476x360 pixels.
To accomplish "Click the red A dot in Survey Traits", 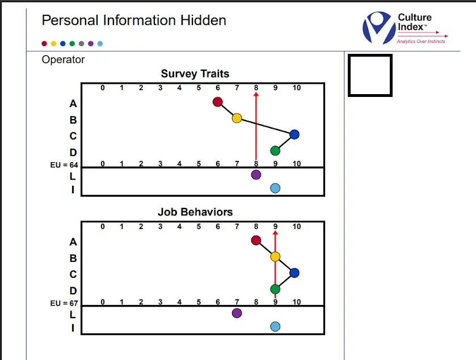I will coord(217,102).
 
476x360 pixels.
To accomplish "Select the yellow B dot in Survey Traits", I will coord(237,118).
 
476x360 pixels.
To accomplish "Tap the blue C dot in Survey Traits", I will coord(294,134).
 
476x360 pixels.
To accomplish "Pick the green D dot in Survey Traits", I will coord(275,151).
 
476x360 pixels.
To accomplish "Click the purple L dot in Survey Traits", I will coord(256,175).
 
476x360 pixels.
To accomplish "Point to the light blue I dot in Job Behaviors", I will coord(275,327).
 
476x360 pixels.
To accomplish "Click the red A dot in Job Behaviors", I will coord(256,240).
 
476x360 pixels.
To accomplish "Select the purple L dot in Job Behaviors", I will coord(237,313).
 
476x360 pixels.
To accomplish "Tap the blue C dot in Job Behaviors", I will coord(294,273).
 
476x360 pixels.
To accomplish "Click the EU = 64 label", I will coord(64,165).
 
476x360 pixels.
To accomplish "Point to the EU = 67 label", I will coord(64,303).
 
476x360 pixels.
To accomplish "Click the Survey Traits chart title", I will coord(195,74).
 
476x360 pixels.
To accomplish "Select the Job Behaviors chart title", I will coord(195,212).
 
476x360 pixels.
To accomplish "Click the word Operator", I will coord(64,60).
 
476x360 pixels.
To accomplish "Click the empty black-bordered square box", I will coord(370,75).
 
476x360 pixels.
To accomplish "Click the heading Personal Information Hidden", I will coord(134,21).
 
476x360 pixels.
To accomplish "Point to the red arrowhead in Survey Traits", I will coord(256,95).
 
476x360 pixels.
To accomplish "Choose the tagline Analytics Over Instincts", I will coord(420,41).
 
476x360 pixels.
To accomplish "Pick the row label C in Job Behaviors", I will coord(73,274).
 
